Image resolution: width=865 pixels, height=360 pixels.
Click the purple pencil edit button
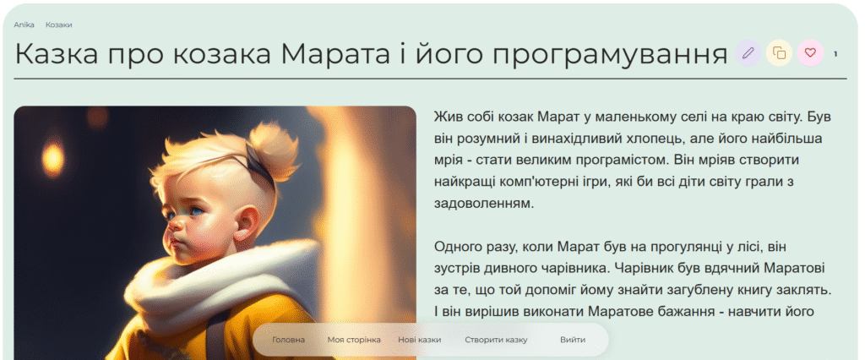748,53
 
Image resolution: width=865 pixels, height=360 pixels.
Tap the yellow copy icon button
779,53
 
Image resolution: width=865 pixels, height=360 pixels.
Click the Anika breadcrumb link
24,25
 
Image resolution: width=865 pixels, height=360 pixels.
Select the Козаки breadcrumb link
58,25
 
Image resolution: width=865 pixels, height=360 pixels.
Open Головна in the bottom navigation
288,340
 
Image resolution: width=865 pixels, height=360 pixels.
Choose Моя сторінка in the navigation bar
354,340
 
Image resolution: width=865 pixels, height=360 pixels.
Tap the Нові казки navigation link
419,340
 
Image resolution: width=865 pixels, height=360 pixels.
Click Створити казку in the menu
496,340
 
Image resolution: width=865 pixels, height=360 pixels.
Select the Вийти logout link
573,340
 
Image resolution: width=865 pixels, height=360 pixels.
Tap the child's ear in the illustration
247,221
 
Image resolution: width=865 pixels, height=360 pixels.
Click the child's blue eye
197,210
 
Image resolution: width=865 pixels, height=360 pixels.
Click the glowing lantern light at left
53,159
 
